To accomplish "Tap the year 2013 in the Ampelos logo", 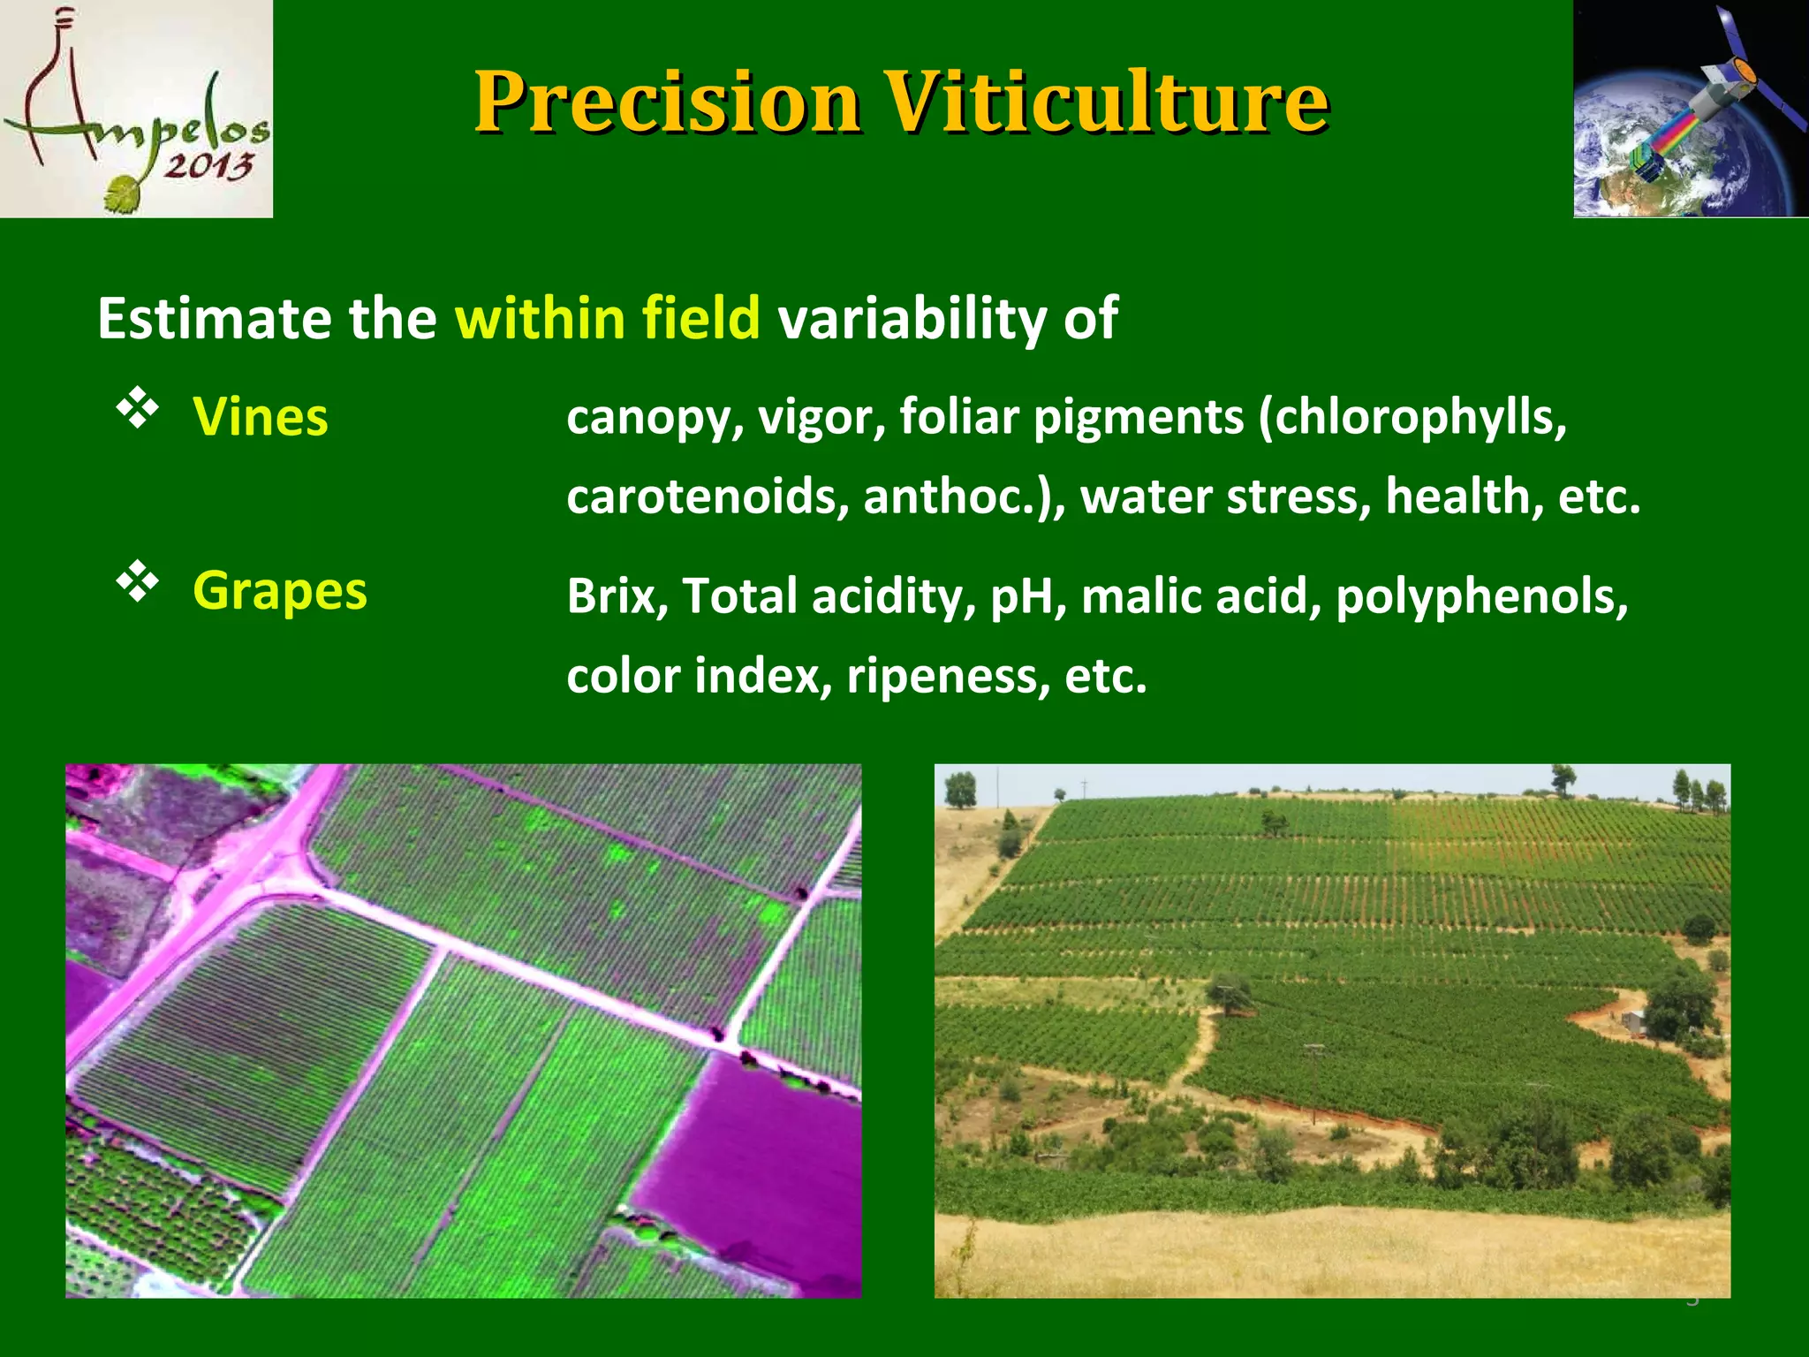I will point(208,165).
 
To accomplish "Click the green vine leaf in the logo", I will point(125,193).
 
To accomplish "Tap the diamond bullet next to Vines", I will point(138,407).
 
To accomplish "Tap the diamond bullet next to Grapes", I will point(138,581).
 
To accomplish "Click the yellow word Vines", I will point(261,417).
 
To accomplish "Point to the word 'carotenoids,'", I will point(708,497).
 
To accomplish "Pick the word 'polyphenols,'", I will point(1481,596).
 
